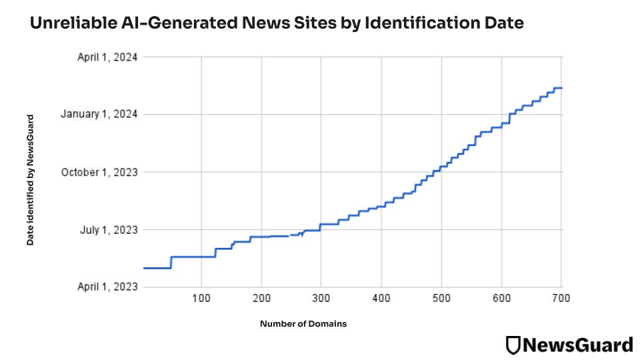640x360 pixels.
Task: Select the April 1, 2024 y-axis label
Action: coord(107,57)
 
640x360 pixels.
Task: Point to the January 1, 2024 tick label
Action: coord(99,115)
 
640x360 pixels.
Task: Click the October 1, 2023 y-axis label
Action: coord(99,172)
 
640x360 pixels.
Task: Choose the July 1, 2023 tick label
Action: coord(109,230)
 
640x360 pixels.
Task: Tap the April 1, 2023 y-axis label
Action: coord(107,287)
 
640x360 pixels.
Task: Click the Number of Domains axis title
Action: coord(303,324)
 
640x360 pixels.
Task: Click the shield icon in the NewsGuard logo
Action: coord(513,345)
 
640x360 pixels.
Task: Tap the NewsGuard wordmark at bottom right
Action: coord(577,345)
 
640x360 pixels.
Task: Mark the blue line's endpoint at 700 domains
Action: coord(561,88)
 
